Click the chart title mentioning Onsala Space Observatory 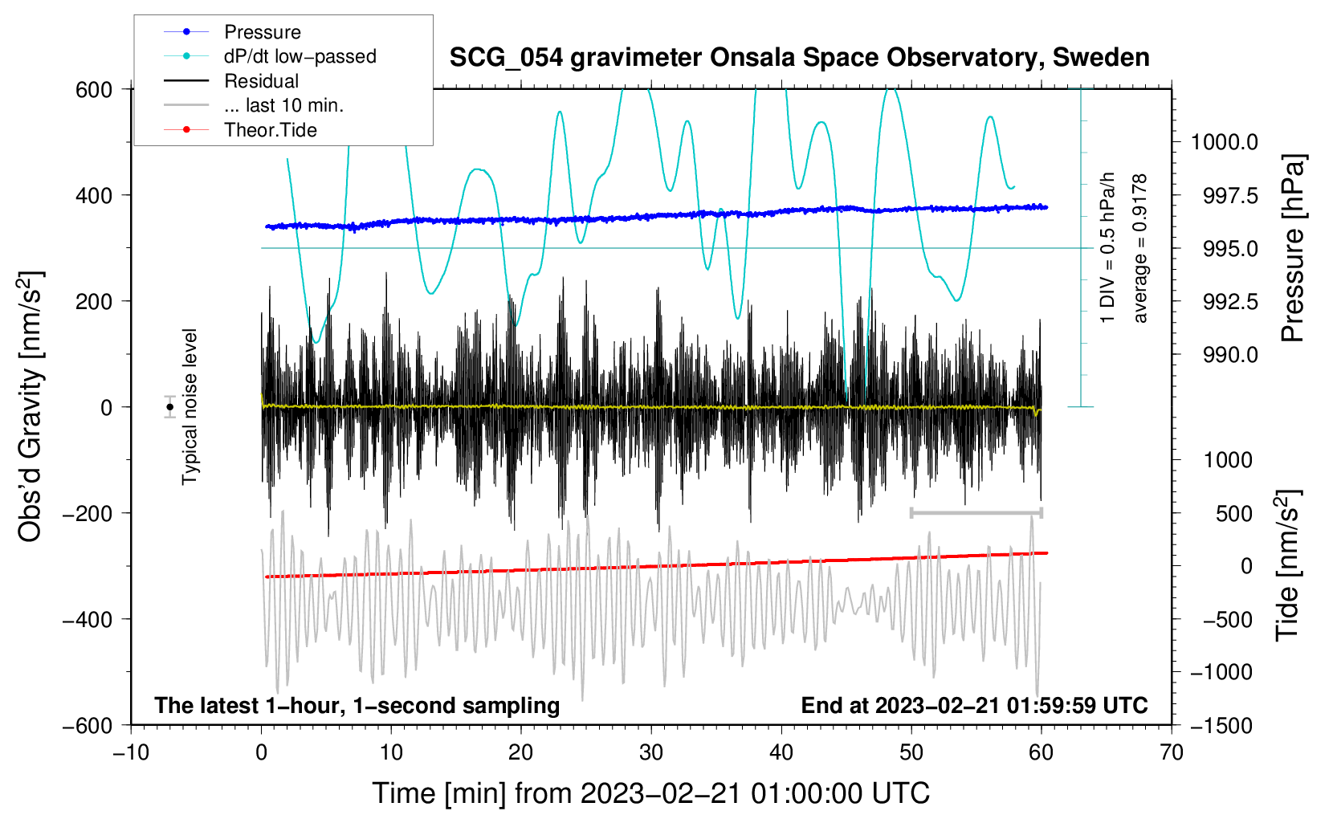click(799, 58)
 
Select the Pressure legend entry click(262, 32)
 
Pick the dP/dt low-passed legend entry click(300, 56)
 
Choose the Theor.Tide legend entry click(270, 130)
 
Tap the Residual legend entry click(261, 81)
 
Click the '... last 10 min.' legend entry click(283, 105)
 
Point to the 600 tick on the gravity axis click(94, 89)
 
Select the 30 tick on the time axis click(651, 752)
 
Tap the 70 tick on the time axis click(1172, 752)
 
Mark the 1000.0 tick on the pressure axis click(1224, 142)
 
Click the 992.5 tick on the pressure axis click(1230, 301)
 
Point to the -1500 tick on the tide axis click(1221, 725)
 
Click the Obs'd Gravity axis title click(31, 407)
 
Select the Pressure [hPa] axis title click(1293, 248)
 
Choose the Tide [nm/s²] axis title click(1287, 565)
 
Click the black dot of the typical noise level click(169, 407)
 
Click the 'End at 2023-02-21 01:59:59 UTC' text click(974, 706)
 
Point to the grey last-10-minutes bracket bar click(976, 512)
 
